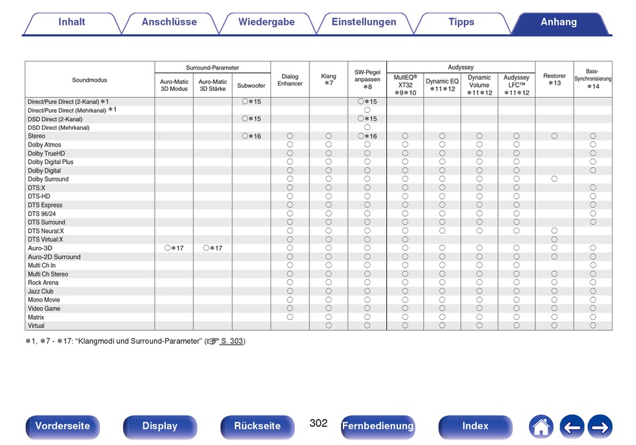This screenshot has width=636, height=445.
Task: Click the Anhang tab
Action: pos(558,22)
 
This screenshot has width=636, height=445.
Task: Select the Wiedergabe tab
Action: pos(266,22)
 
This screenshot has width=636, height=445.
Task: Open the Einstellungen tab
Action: pos(364,22)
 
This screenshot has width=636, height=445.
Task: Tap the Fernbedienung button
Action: pos(378,426)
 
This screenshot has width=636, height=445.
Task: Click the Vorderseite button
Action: pos(62,426)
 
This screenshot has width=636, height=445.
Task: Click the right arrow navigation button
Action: pos(600,427)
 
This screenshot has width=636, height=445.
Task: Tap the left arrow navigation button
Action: pos(572,427)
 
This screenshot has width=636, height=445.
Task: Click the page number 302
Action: pos(319,423)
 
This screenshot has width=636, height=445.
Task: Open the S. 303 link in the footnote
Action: pos(232,341)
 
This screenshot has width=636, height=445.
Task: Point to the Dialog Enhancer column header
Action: pos(290,80)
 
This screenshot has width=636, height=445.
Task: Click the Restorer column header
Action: pos(554,80)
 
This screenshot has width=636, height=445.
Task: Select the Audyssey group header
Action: pos(461,68)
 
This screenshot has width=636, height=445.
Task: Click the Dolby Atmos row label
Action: pos(45,145)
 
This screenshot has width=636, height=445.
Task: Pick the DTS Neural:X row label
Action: pos(46,231)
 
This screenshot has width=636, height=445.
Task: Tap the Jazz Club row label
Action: pos(41,291)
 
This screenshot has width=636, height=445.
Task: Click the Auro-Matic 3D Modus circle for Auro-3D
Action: pos(167,248)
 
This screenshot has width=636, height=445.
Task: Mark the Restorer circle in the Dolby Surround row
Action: pos(554,179)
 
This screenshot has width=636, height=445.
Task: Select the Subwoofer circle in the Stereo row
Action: pos(244,136)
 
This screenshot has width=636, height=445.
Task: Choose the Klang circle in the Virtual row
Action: pos(329,325)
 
